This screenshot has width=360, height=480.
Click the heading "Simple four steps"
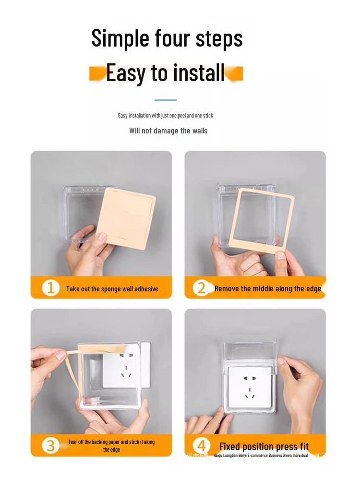point(167,38)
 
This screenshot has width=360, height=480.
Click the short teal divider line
point(166,100)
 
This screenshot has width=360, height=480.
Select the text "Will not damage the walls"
point(168,131)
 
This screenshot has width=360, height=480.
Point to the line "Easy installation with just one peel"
point(166,116)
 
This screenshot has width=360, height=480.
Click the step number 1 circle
point(50,288)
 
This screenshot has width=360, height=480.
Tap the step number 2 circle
point(202,288)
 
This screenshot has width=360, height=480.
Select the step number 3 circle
point(50,445)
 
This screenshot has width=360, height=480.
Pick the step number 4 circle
point(202,445)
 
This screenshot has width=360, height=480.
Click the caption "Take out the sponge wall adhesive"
point(112,289)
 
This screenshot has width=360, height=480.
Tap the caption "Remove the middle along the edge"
point(267,289)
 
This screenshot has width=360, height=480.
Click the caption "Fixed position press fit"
point(264,447)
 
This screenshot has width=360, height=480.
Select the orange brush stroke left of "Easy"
point(97,73)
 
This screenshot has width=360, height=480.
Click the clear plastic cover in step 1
point(82,211)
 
